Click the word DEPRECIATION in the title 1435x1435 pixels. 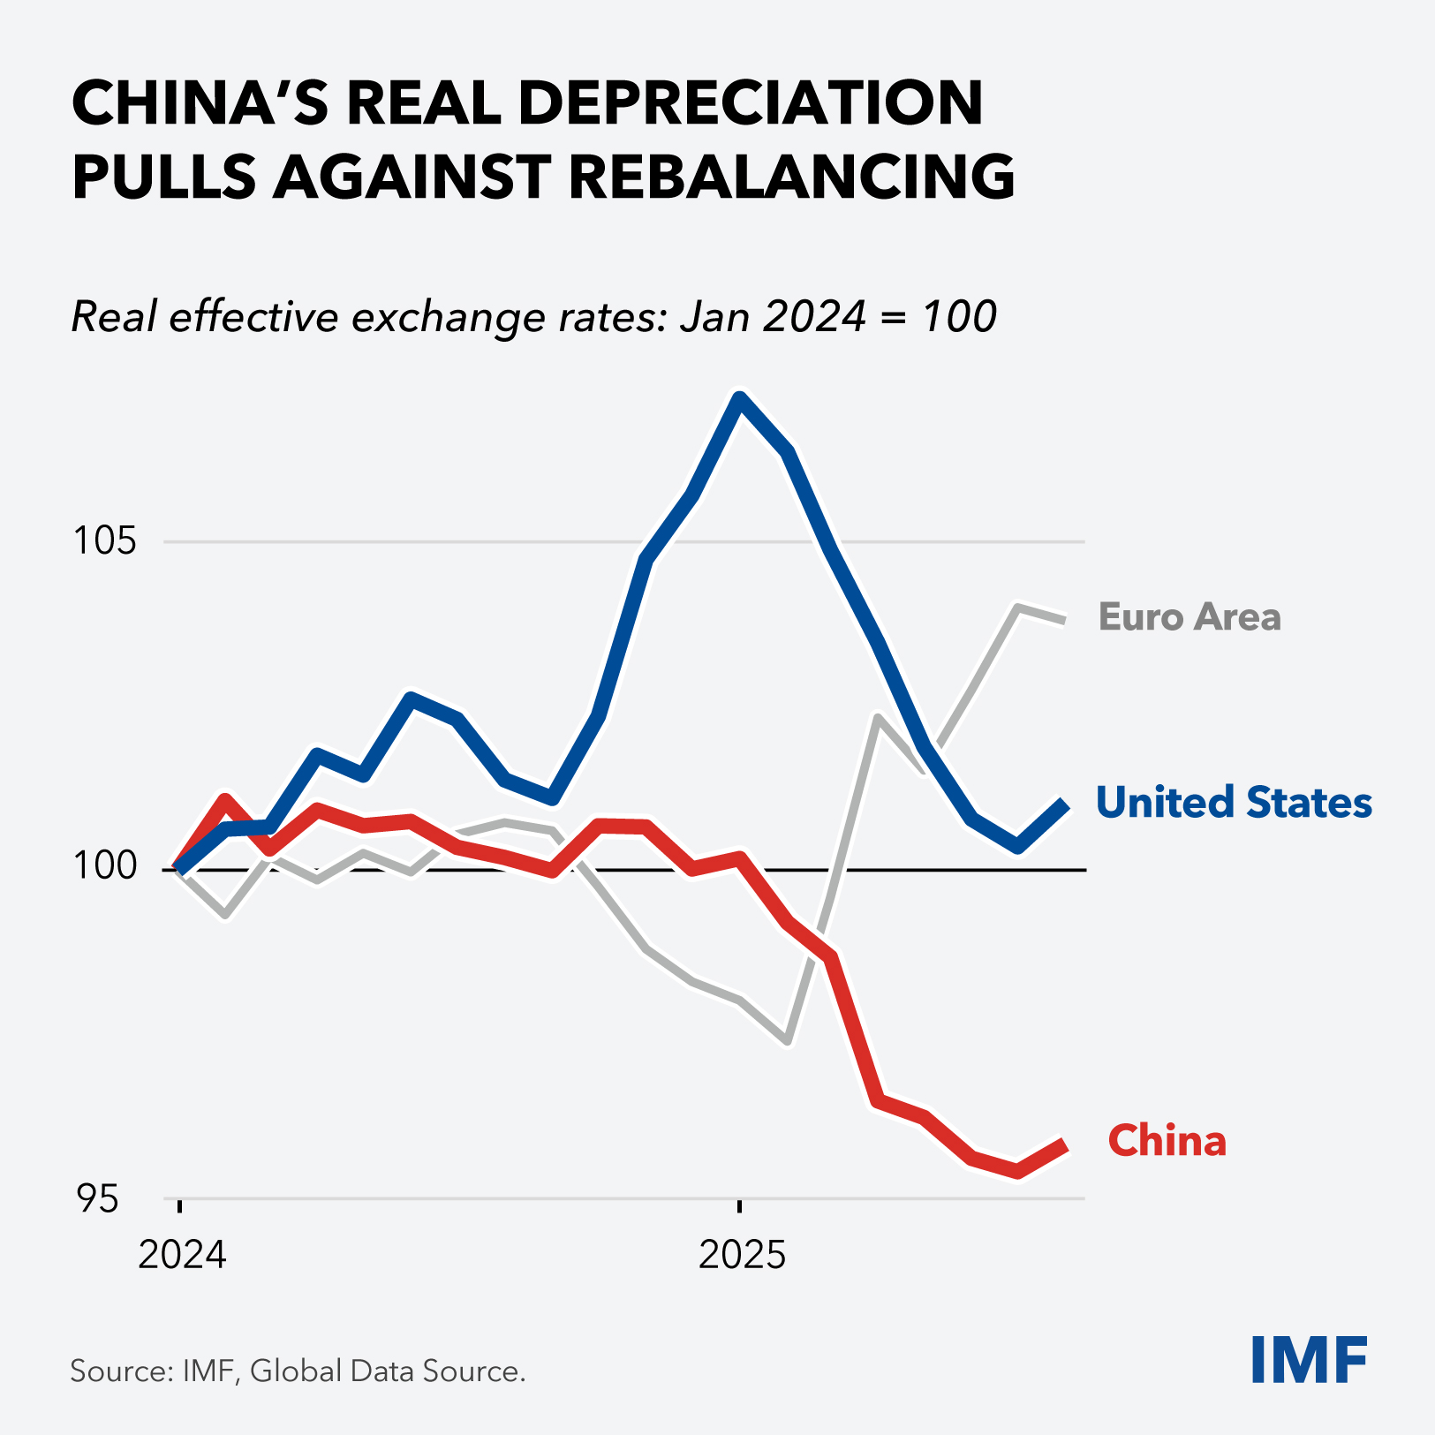750,103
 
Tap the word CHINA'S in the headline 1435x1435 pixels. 200,103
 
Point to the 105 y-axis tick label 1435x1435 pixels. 105,540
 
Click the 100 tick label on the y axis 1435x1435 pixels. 105,867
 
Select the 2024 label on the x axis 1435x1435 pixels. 182,1254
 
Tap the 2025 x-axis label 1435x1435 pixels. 742,1254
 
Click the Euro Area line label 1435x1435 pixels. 1189,617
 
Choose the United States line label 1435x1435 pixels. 1233,803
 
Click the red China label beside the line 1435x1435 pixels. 1167,1141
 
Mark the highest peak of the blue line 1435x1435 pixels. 740,398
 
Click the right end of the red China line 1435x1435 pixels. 1065,1145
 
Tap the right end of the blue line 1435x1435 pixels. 1065,804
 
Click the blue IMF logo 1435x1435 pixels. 1309,1360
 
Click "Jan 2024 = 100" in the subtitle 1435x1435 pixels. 838,316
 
